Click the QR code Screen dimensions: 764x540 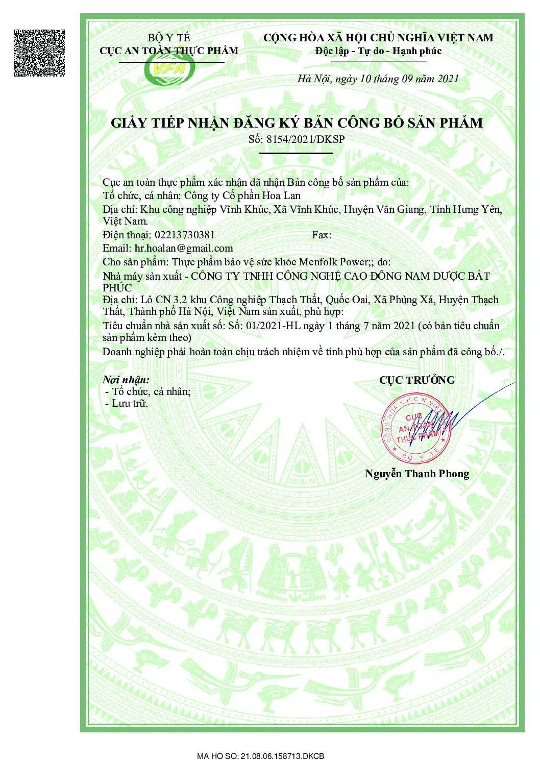coord(39,53)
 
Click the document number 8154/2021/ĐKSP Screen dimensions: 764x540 coord(305,139)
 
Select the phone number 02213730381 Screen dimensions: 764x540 coord(184,235)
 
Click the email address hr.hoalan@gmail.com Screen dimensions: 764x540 coord(184,249)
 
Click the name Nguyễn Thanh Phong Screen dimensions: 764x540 coord(417,474)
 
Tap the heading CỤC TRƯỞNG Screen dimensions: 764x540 coord(417,380)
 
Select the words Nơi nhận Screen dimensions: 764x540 coord(126,380)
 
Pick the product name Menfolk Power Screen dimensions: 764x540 coord(333,262)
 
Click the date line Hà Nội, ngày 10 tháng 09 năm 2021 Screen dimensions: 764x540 coord(378,79)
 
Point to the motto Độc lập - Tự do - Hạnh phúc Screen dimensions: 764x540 coord(378,51)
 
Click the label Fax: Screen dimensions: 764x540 coord(322,235)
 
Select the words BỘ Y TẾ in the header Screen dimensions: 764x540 coord(169,38)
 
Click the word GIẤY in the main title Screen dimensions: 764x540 coord(129,124)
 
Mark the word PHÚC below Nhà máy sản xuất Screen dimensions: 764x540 coord(117,288)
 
